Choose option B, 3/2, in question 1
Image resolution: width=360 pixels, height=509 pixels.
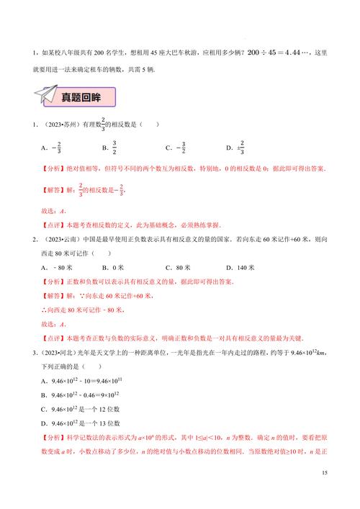point(109,149)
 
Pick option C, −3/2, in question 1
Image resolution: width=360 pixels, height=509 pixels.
point(175,149)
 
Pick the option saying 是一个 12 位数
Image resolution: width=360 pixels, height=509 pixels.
point(79,408)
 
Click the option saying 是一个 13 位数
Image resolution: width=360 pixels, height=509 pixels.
point(79,423)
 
